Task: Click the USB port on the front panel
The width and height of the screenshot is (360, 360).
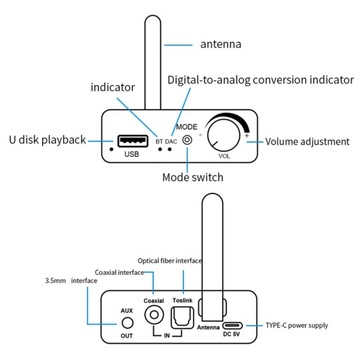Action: pyautogui.click(x=131, y=139)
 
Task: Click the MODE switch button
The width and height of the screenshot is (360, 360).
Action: pyautogui.click(x=186, y=141)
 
